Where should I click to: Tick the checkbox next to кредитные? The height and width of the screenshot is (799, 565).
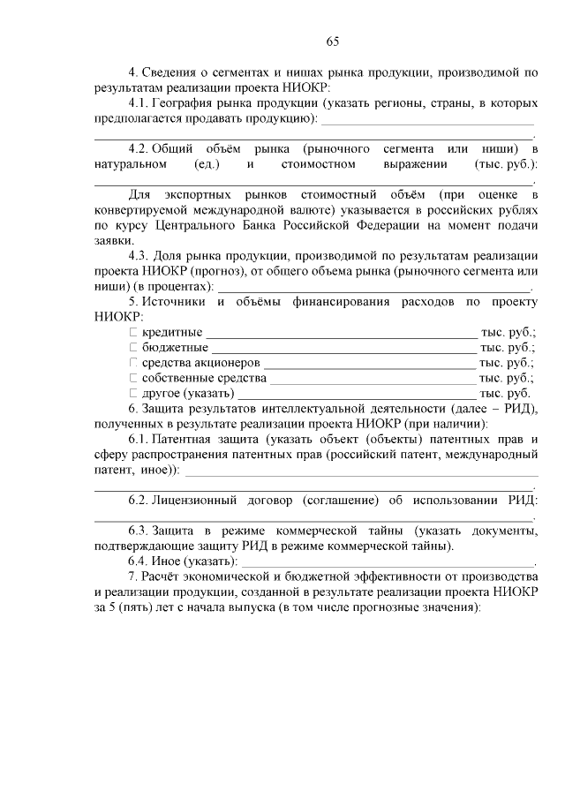coord(134,332)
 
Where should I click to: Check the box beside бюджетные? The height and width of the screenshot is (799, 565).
coord(134,347)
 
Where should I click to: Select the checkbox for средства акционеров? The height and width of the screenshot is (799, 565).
coord(134,362)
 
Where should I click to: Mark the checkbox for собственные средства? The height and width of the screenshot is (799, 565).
coord(134,377)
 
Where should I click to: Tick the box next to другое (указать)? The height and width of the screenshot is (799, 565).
coord(134,392)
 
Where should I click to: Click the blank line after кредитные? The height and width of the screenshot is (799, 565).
coord(341,335)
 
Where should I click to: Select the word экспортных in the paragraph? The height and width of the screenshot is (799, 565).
coord(206,193)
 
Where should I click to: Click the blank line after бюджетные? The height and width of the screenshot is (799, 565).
coord(344,351)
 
